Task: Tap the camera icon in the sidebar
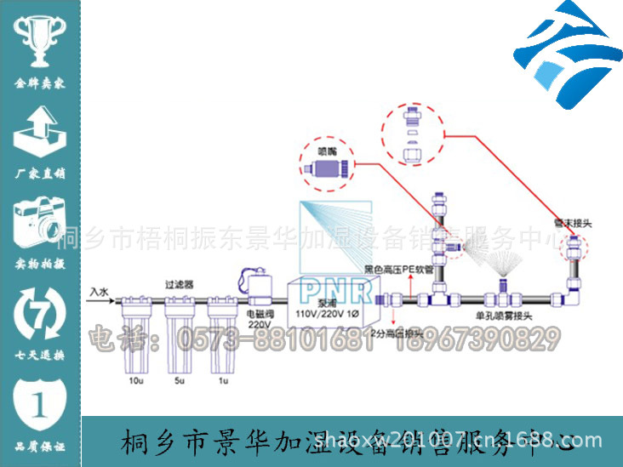tap(39, 222)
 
